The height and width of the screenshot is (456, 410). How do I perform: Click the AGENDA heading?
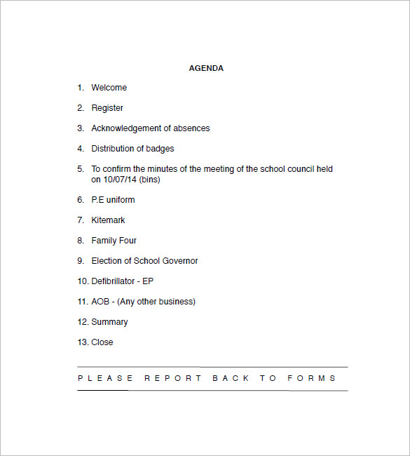click(206, 68)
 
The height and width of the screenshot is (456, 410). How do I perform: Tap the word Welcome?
click(109, 88)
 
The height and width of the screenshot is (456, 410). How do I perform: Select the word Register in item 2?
click(107, 108)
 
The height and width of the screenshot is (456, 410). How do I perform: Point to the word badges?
click(160, 149)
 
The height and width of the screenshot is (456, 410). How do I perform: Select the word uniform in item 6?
click(121, 200)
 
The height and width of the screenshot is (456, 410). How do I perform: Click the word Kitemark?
click(108, 220)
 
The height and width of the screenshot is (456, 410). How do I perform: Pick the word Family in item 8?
click(104, 241)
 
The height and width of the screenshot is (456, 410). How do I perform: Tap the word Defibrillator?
click(114, 281)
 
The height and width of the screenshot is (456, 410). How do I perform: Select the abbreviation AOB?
click(100, 302)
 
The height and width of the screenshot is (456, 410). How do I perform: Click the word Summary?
click(109, 322)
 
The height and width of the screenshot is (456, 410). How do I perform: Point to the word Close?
click(102, 342)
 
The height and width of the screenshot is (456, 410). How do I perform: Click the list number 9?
click(80, 261)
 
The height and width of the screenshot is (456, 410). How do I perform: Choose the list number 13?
click(82, 342)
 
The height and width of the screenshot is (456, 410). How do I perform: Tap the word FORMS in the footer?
click(312, 378)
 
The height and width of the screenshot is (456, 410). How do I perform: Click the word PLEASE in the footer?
click(104, 378)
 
